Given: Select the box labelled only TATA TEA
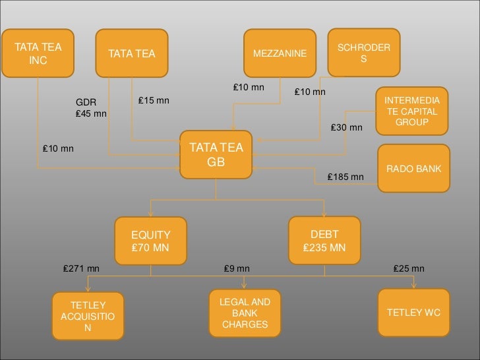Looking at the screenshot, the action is coord(132,53).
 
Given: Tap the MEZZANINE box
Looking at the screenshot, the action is coord(280,53).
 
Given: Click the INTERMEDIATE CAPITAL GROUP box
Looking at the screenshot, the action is coord(411,111).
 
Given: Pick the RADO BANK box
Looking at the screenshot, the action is coord(413,169).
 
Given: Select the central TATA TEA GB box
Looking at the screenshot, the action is coord(216,154).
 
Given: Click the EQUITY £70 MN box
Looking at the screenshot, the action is coord(151,241).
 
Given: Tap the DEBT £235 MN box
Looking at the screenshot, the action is coord(324,241).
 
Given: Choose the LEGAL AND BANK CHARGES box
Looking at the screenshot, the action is coord(245,313).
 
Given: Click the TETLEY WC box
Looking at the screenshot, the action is coord(413,311).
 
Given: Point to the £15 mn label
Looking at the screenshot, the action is coord(153,100).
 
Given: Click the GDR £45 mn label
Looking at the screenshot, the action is coord(91,108).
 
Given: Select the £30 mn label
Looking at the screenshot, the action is coord(346,127).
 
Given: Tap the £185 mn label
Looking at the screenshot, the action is coord(346,177).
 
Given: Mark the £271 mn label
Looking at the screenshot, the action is coord(81,268).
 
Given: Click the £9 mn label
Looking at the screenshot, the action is coord(237,268).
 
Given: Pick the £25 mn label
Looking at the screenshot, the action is coord(409,268).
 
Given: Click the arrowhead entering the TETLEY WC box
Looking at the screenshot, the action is coord(414,285).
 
